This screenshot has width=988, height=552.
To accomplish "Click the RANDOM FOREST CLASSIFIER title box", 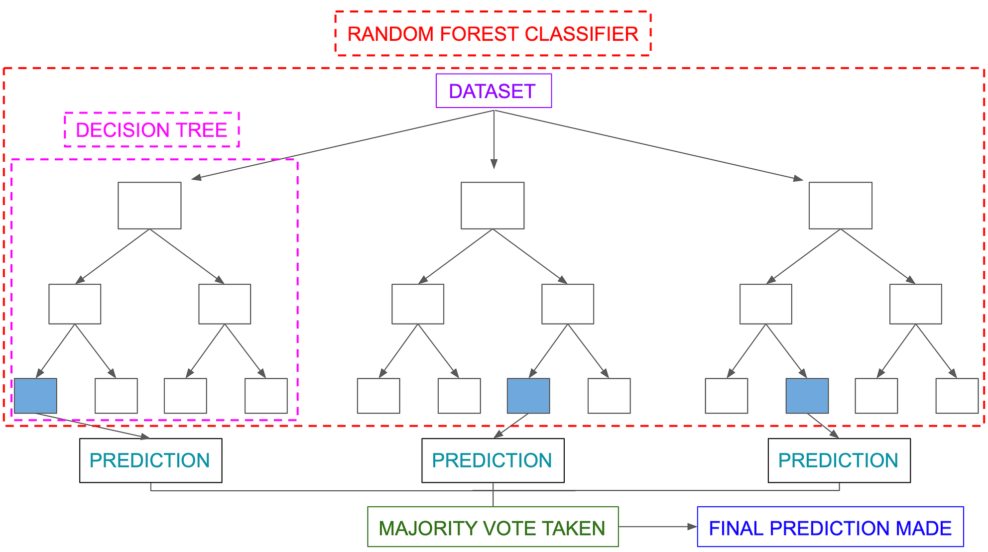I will (493, 34).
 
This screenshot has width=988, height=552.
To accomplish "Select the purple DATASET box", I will (494, 91).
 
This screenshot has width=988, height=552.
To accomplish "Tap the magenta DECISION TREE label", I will (151, 130).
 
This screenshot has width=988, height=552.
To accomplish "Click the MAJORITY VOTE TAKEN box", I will (493, 527).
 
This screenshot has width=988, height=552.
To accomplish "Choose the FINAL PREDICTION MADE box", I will (830, 527).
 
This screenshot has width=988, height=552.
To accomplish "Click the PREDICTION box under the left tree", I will (150, 460).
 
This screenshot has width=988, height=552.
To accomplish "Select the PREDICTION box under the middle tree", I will (493, 460).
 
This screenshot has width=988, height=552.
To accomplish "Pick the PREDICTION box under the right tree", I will (839, 460).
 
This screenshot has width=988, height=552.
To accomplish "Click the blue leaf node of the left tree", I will (35, 396).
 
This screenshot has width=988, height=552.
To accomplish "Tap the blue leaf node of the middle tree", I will (528, 396).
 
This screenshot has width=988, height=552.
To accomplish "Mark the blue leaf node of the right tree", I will (807, 396).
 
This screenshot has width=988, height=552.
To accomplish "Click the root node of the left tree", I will (149, 206).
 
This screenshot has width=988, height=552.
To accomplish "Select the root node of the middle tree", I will (493, 206).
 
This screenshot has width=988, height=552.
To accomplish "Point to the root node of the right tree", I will (840, 206).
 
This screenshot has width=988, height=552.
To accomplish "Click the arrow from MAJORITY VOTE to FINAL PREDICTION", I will (657, 527).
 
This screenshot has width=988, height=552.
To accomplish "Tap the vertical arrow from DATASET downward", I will (494, 139).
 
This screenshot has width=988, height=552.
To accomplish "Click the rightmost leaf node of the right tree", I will (957, 396).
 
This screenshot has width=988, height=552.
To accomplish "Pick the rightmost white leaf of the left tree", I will (266, 396).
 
